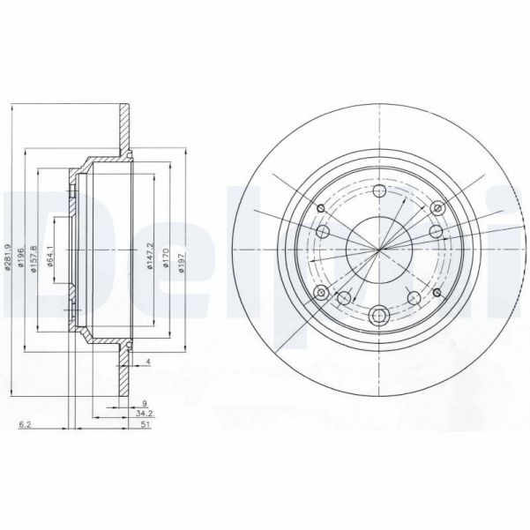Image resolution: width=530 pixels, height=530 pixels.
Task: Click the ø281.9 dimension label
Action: [x=8, y=251]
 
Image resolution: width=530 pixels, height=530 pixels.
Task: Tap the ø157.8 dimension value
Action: [x=34, y=256]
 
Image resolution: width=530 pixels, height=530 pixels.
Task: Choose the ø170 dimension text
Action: [x=166, y=256]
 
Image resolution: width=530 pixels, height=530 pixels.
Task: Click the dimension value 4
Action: [x=150, y=362]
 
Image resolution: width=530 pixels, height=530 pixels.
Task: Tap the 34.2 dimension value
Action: [x=145, y=414]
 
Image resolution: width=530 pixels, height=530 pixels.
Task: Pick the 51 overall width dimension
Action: [x=145, y=425]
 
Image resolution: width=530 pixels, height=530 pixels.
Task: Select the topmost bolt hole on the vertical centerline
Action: [x=379, y=194]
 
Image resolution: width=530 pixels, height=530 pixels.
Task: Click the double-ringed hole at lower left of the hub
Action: [x=320, y=292]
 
